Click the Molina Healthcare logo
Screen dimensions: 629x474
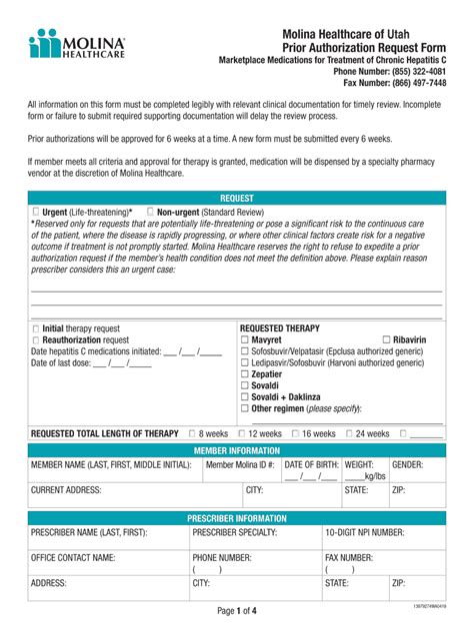77,44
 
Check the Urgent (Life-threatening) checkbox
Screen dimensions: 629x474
37,213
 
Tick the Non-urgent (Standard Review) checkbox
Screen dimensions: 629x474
151,213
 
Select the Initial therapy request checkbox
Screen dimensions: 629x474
37,328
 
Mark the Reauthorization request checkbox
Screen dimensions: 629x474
37,340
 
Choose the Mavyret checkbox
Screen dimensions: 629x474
245,340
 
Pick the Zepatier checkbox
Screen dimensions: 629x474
245,374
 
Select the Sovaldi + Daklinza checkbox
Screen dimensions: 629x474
245,397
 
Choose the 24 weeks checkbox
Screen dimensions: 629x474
349,434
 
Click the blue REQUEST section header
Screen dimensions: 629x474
237,199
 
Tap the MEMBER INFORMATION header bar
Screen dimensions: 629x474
237,451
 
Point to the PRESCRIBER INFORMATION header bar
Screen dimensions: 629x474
237,519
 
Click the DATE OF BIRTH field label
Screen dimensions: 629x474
311,465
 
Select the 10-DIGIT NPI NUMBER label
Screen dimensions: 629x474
365,533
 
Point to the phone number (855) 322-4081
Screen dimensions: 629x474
410,72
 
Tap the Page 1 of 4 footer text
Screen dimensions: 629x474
237,610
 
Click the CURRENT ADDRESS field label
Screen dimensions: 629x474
66,491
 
